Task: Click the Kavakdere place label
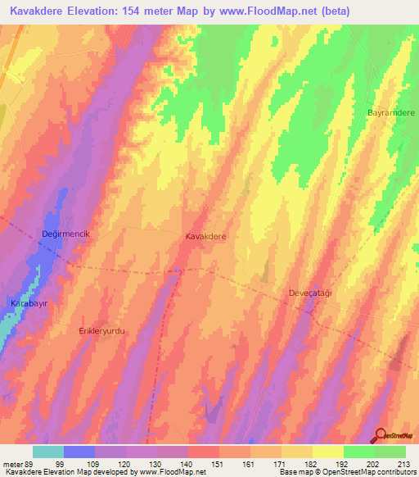[206, 235]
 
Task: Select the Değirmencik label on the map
[70, 234]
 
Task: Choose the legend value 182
[312, 464]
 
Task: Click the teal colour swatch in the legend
[48, 452]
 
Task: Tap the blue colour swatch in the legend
[79, 452]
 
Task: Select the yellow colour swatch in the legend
[327, 452]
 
